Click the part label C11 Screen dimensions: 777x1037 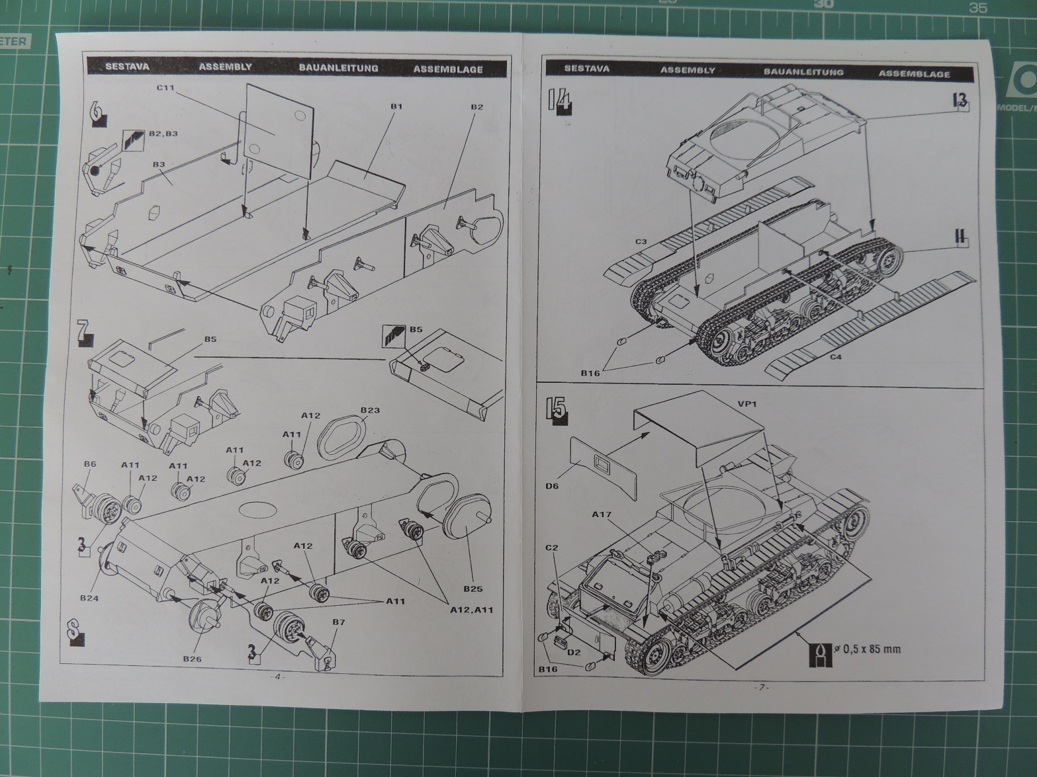coord(165,88)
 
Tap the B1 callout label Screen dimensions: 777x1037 coord(396,106)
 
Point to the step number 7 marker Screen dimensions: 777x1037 coord(83,331)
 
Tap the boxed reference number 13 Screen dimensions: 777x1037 coord(960,101)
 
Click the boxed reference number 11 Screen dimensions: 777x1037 coord(961,236)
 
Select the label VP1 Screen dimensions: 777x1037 coord(746,403)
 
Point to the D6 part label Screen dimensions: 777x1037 coord(553,486)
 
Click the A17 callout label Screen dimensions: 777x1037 coord(602,514)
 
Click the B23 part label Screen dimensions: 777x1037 coord(370,410)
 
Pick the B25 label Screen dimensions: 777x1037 coord(473,589)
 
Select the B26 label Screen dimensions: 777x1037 coord(193,659)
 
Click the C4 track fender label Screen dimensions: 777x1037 coord(836,358)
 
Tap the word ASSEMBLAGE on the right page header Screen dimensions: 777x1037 coord(914,74)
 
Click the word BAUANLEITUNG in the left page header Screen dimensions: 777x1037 coord(338,68)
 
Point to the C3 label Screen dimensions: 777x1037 coord(641,242)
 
